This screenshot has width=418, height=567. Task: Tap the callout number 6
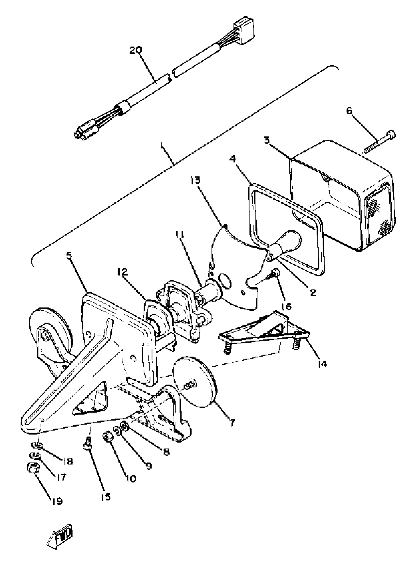349,111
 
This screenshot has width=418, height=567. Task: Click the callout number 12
122,272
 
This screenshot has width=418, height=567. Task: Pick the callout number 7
233,422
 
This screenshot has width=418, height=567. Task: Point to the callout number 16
286,306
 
